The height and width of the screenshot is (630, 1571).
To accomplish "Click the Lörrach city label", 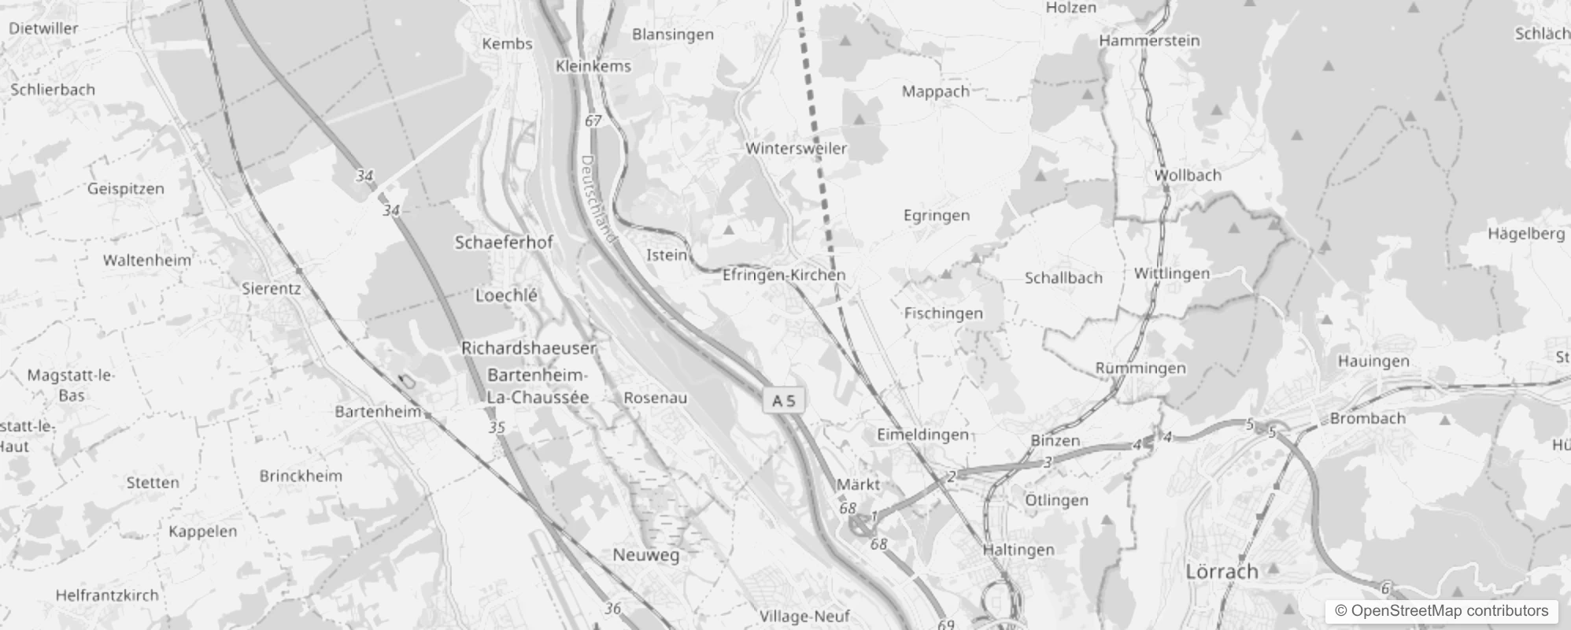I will pos(1222,571).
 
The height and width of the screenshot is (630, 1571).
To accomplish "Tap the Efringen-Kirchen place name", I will pos(784,275).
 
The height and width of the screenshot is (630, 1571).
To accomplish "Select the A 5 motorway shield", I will pos(783,401).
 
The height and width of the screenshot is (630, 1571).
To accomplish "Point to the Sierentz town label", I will pos(271,288).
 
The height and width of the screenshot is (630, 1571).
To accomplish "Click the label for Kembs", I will pos(507,44).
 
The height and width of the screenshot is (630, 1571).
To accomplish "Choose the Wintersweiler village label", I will pos(796,148).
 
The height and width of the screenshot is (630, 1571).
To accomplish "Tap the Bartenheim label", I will pos(378,411).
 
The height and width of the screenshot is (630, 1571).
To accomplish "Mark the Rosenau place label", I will pos(655,398).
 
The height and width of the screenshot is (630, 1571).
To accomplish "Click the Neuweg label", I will pos(645,555).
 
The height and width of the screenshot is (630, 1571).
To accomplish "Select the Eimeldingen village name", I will pos(922,435).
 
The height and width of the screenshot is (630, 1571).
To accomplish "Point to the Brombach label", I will pos(1367,418).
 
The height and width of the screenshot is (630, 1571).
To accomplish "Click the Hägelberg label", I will pos(1525,234).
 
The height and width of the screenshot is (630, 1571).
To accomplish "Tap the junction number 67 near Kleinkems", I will pos(593,120).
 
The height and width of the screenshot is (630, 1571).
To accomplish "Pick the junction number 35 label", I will pos(496,428).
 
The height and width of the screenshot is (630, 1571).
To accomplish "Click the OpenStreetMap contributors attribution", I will pos(1441,610).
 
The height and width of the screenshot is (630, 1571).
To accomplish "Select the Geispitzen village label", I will pos(126,189).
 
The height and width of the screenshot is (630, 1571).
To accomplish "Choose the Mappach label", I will pos(935,91).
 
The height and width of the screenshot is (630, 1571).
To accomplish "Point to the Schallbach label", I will pos(1063,278).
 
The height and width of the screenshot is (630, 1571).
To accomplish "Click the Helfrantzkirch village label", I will pos(107,595).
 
